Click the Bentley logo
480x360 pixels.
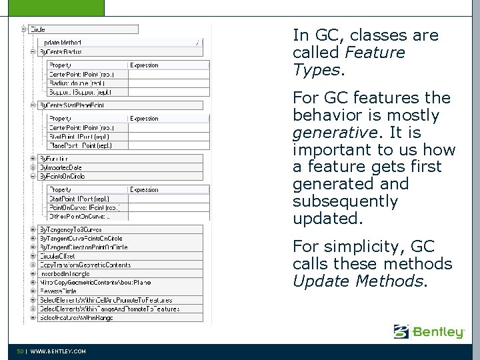[x=429, y=331]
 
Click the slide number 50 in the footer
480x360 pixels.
[x=21, y=351]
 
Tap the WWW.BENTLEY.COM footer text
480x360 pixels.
[x=59, y=351]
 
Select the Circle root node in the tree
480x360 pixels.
[x=38, y=29]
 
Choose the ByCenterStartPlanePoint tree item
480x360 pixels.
[x=71, y=105]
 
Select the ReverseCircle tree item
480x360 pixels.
[x=58, y=291]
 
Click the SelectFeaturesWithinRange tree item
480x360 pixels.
[x=76, y=318]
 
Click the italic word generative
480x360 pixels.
[x=327, y=132]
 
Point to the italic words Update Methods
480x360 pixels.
[x=357, y=281]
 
